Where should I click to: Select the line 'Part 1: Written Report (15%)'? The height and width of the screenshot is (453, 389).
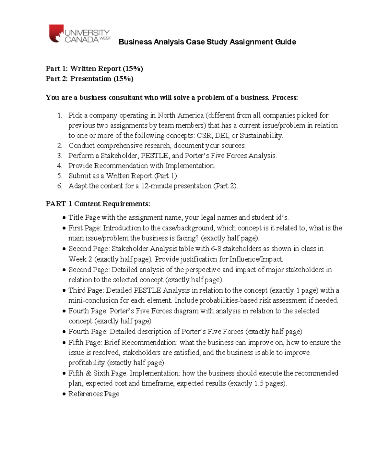[x=94, y=68]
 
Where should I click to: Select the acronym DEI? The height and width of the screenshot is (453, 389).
[x=222, y=135]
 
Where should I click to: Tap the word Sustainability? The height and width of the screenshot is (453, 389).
[x=261, y=135]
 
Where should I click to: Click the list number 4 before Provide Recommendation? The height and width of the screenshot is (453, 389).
[x=60, y=166]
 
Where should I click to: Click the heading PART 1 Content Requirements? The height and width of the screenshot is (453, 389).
[x=98, y=204]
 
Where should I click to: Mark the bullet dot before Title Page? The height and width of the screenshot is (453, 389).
[x=64, y=218]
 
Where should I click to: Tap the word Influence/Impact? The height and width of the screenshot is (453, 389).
[x=256, y=259]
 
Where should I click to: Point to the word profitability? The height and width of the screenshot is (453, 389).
[x=87, y=362]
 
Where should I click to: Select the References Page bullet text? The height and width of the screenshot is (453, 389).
[x=94, y=394]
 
